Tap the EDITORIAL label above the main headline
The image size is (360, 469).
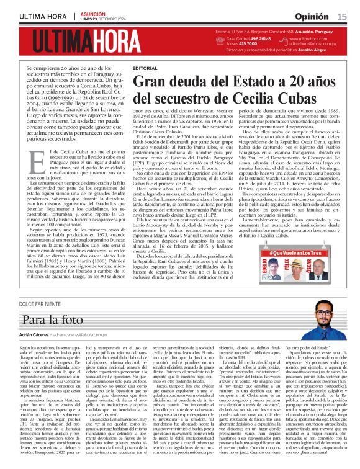click(x=145, y=67)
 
